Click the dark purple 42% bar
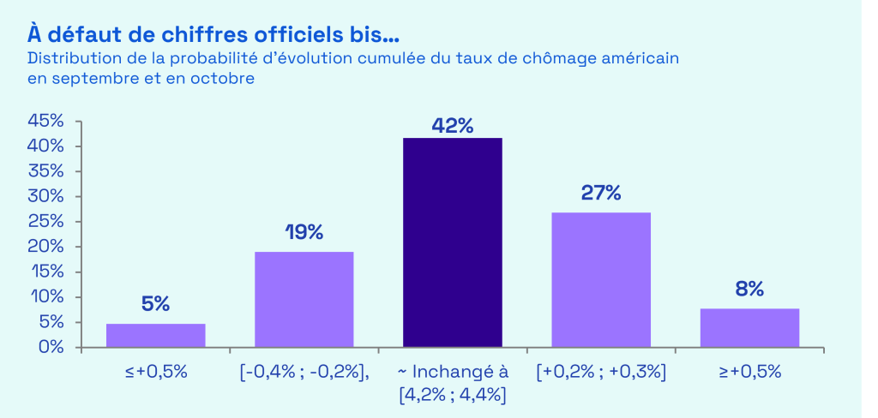[x=453, y=242]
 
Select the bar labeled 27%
[x=601, y=279]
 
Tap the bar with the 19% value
[x=304, y=299]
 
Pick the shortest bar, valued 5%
[x=155, y=335]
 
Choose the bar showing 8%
[x=749, y=327]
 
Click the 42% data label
[x=453, y=125]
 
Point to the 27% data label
[x=601, y=192]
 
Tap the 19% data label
[x=304, y=232]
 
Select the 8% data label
[x=749, y=289]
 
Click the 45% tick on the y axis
[x=46, y=121]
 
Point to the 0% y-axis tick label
[x=52, y=347]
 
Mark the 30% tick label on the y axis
[x=46, y=196]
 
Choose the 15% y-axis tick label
[x=46, y=272]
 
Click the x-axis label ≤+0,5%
[x=155, y=373]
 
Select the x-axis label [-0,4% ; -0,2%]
[x=304, y=373]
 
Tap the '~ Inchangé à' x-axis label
[x=453, y=373]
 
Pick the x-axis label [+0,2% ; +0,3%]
[x=601, y=373]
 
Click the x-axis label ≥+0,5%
[x=749, y=373]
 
